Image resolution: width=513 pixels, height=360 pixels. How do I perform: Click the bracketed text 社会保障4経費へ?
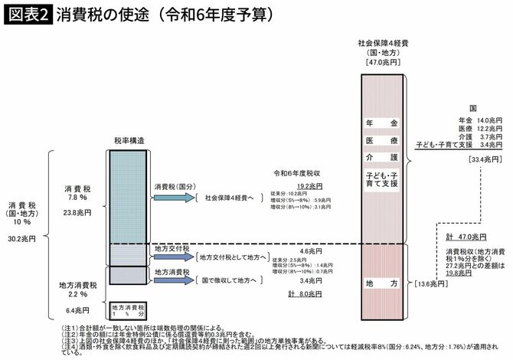coord(231,198)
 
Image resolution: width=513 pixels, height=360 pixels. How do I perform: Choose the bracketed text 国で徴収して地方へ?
coord(231,280)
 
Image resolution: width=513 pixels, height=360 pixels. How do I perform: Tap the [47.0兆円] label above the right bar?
coord(384,62)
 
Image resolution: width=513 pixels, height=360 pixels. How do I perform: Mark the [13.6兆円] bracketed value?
coord(428,284)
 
